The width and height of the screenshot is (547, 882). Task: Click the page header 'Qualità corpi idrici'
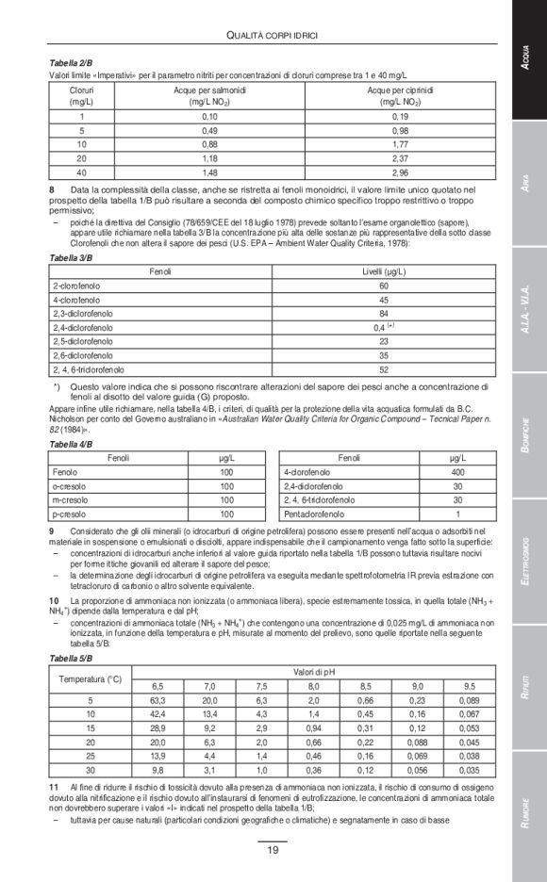(x=273, y=36)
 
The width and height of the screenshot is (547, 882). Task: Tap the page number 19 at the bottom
(x=273, y=850)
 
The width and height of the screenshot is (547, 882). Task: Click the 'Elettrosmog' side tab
(x=529, y=560)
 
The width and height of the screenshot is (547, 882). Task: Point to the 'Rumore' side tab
(x=529, y=813)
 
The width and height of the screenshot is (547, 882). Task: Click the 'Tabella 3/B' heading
(x=71, y=256)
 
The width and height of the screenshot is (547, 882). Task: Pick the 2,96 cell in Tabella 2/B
(x=400, y=173)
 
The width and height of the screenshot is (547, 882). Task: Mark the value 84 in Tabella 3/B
(x=384, y=313)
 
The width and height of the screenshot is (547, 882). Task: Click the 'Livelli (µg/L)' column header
(x=384, y=271)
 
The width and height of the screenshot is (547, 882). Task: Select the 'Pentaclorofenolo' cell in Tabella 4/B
(x=315, y=514)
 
